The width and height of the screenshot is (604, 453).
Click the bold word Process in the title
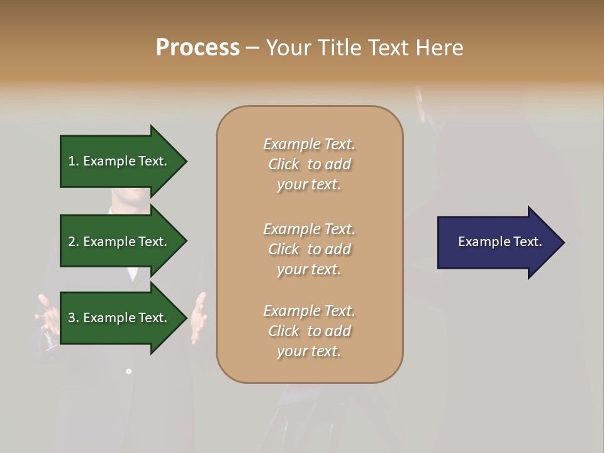click(x=198, y=48)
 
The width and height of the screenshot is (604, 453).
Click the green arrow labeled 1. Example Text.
click(x=120, y=161)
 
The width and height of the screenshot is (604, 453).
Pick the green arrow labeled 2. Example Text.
click(x=120, y=242)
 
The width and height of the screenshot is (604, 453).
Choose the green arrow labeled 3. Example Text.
click(x=120, y=318)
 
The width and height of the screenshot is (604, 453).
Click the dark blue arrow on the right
click(x=497, y=242)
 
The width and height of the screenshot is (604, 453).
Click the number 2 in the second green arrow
click(x=72, y=242)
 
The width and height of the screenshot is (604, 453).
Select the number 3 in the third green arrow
click(x=72, y=318)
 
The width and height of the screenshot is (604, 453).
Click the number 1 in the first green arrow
click(x=72, y=161)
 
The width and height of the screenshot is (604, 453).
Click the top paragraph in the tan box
click(x=309, y=164)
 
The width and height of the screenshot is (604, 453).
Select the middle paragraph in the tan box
click(x=309, y=249)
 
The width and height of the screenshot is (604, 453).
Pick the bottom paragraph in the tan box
click(x=309, y=331)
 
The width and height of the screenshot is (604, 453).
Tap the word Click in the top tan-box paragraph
click(x=284, y=164)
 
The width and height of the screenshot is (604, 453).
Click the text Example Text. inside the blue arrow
click(x=500, y=242)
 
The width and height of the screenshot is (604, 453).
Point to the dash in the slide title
click(x=253, y=48)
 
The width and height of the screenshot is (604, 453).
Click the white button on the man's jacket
click(x=128, y=372)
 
